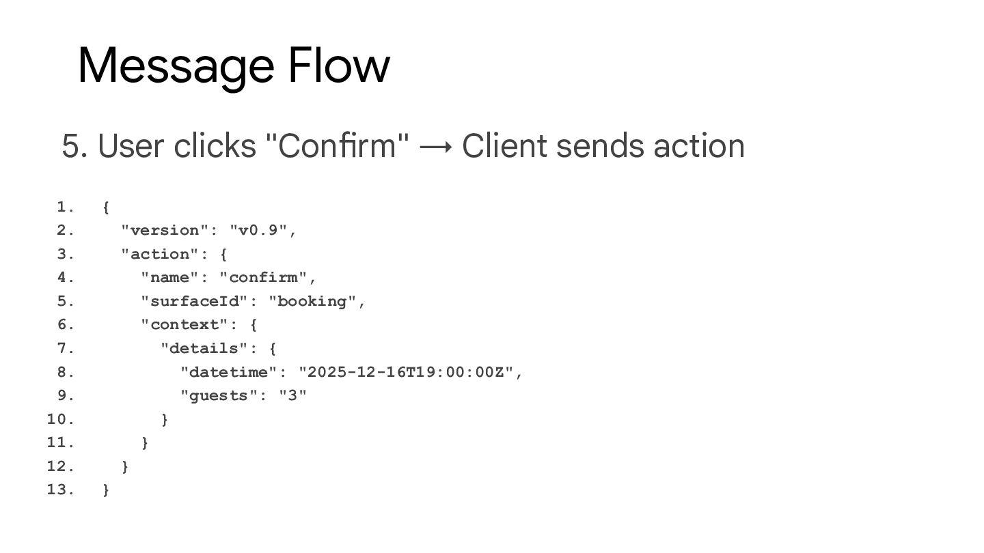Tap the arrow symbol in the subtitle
436,146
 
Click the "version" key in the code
165,230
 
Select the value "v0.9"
258,230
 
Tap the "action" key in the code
160,254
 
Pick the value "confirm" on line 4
263,277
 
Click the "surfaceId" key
194,301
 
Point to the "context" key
184,324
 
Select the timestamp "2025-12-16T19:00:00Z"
406,372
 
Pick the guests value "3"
292,395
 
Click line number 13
60,490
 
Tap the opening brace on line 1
106,207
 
